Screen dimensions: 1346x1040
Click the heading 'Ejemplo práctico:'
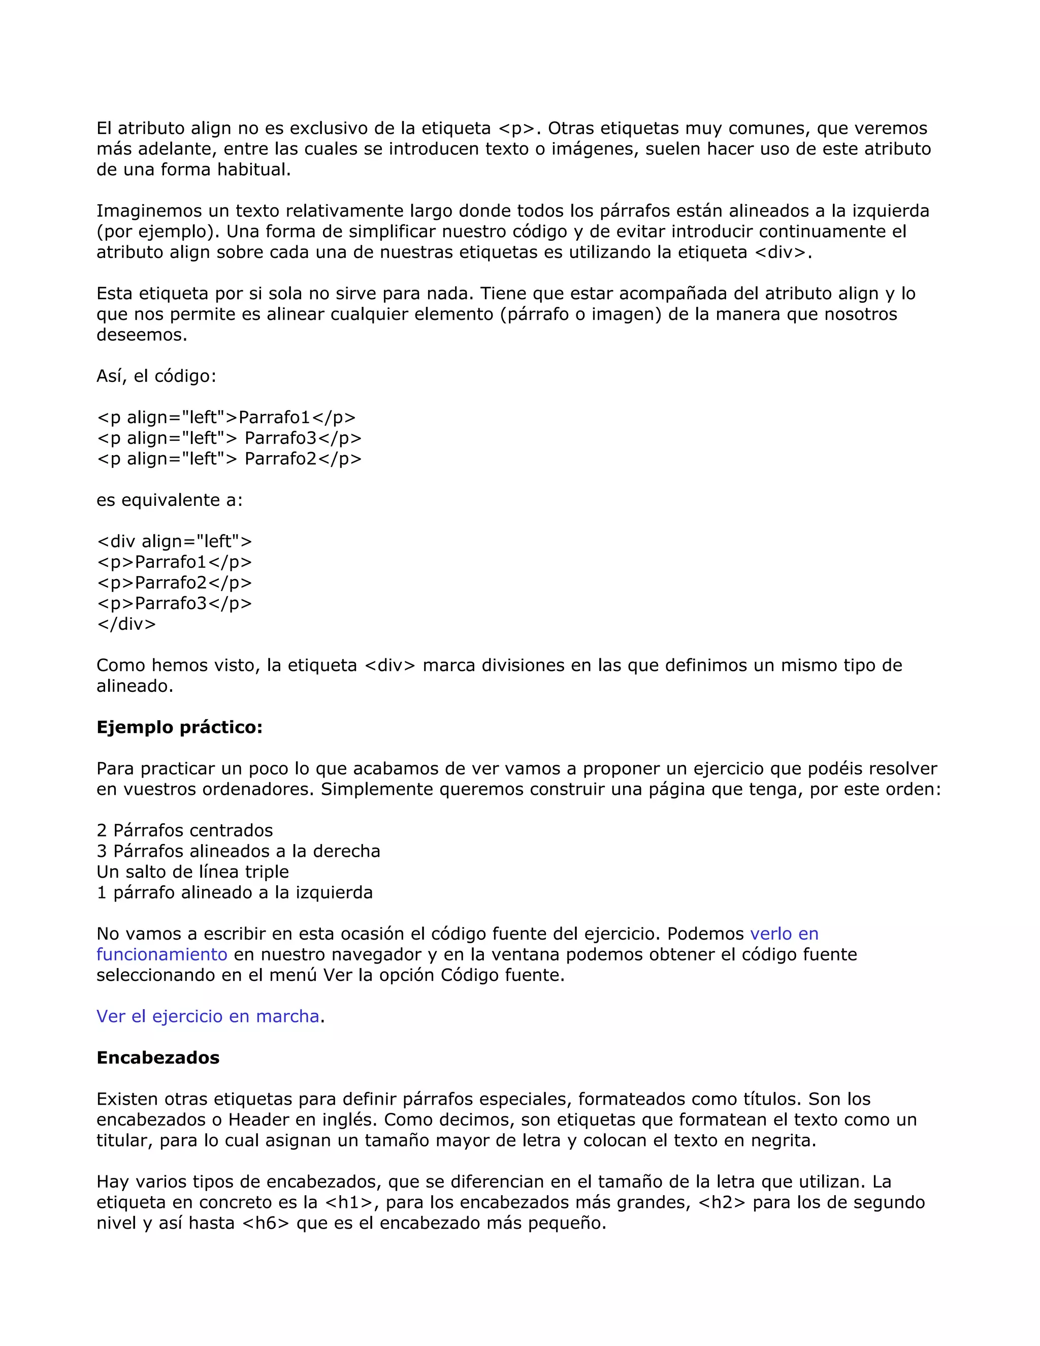pos(179,728)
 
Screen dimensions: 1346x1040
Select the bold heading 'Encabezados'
pos(158,1057)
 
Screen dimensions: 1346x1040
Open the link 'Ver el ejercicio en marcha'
pos(208,1016)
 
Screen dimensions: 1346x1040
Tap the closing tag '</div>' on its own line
pos(126,624)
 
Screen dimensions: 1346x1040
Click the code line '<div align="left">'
pos(174,542)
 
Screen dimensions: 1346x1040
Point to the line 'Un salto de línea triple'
pos(192,872)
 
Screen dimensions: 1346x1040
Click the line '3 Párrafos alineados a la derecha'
pos(238,852)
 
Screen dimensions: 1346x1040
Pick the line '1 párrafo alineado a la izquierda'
pos(234,892)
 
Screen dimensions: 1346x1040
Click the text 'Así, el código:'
pos(156,376)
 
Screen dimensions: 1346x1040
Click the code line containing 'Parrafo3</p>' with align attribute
pos(229,438)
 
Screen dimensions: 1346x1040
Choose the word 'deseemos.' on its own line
pos(142,335)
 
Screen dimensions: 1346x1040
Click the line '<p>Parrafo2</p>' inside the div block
pos(174,583)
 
